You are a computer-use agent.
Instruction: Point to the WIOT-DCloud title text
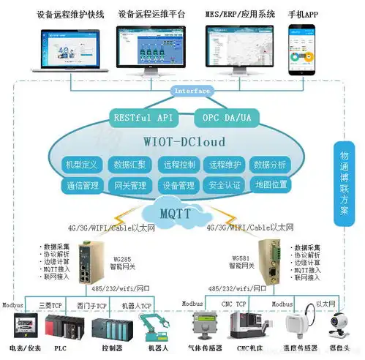point(180,141)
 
